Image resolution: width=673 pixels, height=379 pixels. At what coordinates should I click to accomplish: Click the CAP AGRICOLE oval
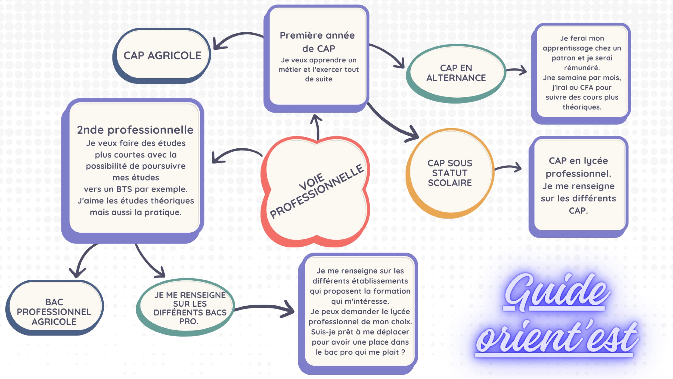162,55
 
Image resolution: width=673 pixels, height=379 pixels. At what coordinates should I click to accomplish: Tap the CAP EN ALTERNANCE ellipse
456,73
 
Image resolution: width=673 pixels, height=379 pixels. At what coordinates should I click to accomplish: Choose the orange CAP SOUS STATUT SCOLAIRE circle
450,173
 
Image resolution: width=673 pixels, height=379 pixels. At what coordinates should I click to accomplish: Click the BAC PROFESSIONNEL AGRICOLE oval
54,311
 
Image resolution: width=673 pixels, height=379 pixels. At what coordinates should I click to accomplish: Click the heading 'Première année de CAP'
318,42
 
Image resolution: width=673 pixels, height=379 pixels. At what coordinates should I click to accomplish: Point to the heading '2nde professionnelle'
135,130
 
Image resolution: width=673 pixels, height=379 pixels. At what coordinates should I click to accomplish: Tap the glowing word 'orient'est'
557,338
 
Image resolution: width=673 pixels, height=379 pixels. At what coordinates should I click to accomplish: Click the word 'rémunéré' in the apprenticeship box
581,68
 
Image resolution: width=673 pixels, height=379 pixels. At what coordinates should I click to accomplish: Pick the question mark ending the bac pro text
403,352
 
